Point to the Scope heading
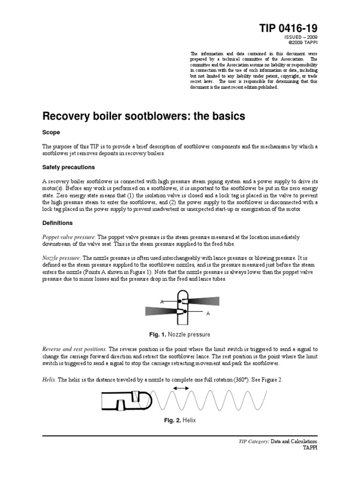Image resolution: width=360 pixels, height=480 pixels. coord(52,133)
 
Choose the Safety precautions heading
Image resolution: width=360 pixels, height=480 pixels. coord(68,167)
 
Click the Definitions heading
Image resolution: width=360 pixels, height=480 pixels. coord(58,223)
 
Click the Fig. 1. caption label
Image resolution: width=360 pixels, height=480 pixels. coord(157,335)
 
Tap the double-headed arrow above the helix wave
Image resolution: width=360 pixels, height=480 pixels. coord(180,388)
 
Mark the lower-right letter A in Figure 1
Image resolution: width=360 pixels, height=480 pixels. coord(208,313)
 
